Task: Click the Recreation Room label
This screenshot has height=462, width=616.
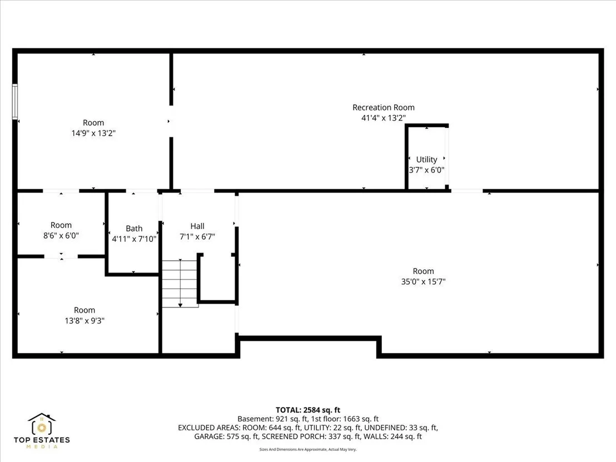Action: (x=384, y=107)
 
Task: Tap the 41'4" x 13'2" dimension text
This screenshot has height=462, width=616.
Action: (x=384, y=118)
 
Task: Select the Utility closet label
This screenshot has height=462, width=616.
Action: (x=426, y=160)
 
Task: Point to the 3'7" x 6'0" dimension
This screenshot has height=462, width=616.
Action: (x=426, y=170)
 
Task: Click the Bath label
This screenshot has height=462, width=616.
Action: (x=134, y=228)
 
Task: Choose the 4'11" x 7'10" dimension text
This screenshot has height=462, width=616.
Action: (x=134, y=239)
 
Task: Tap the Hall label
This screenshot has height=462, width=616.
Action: (x=197, y=226)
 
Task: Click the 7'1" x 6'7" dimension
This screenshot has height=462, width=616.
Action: (x=197, y=236)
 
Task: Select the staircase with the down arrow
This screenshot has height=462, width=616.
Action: (x=180, y=283)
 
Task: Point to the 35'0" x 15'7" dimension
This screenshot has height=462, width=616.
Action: (x=423, y=282)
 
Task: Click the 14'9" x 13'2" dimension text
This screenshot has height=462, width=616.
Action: (x=93, y=133)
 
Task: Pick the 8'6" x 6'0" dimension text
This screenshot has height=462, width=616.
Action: (x=61, y=236)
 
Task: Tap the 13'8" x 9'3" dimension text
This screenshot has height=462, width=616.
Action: (x=85, y=321)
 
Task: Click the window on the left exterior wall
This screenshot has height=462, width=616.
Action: (x=15, y=101)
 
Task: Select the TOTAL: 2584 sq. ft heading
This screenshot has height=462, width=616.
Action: (x=308, y=410)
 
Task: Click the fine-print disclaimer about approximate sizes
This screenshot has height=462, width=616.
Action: (x=308, y=449)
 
